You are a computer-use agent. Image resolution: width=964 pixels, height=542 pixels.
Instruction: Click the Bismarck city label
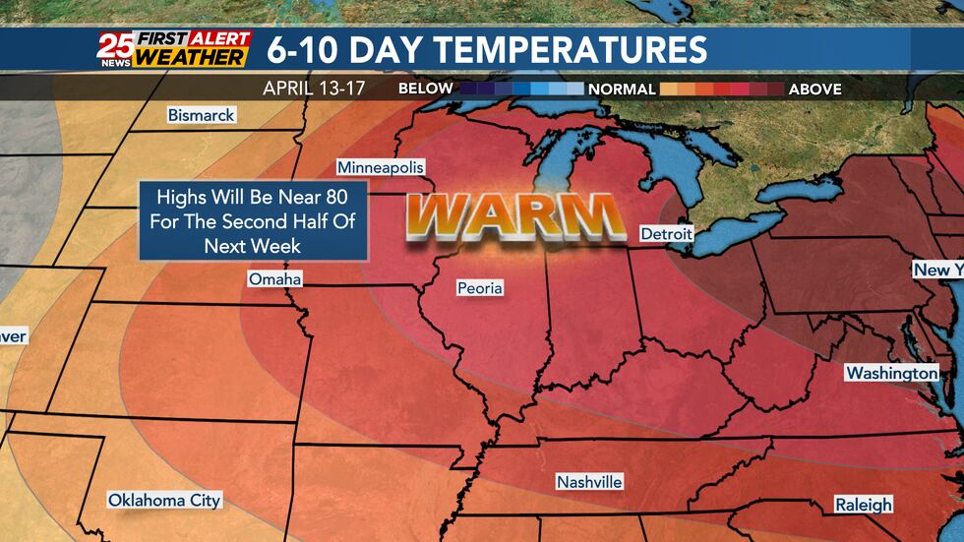(x=201, y=115)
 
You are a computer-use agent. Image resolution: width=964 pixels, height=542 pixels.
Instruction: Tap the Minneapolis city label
(x=380, y=167)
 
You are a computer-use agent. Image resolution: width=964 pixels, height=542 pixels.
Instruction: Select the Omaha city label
(x=274, y=279)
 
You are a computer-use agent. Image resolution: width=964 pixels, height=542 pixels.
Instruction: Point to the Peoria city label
(x=480, y=288)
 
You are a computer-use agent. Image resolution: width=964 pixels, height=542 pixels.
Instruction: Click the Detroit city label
(x=666, y=234)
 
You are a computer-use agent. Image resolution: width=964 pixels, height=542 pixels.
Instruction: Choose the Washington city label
(x=891, y=373)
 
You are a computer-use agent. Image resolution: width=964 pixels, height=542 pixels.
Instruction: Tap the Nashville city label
(x=589, y=482)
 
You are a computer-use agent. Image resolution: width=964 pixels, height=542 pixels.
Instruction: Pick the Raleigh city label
(x=864, y=505)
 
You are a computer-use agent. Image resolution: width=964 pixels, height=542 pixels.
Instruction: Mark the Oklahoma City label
(x=164, y=500)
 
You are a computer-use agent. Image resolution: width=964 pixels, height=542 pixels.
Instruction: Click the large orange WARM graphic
(x=516, y=217)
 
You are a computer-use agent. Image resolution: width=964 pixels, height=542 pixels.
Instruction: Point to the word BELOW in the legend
(x=426, y=89)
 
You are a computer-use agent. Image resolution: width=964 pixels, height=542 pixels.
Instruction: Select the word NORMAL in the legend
(x=622, y=89)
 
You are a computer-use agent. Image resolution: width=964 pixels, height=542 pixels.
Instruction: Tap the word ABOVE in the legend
(x=814, y=89)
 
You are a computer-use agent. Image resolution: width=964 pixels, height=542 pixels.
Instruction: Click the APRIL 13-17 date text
(x=314, y=89)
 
